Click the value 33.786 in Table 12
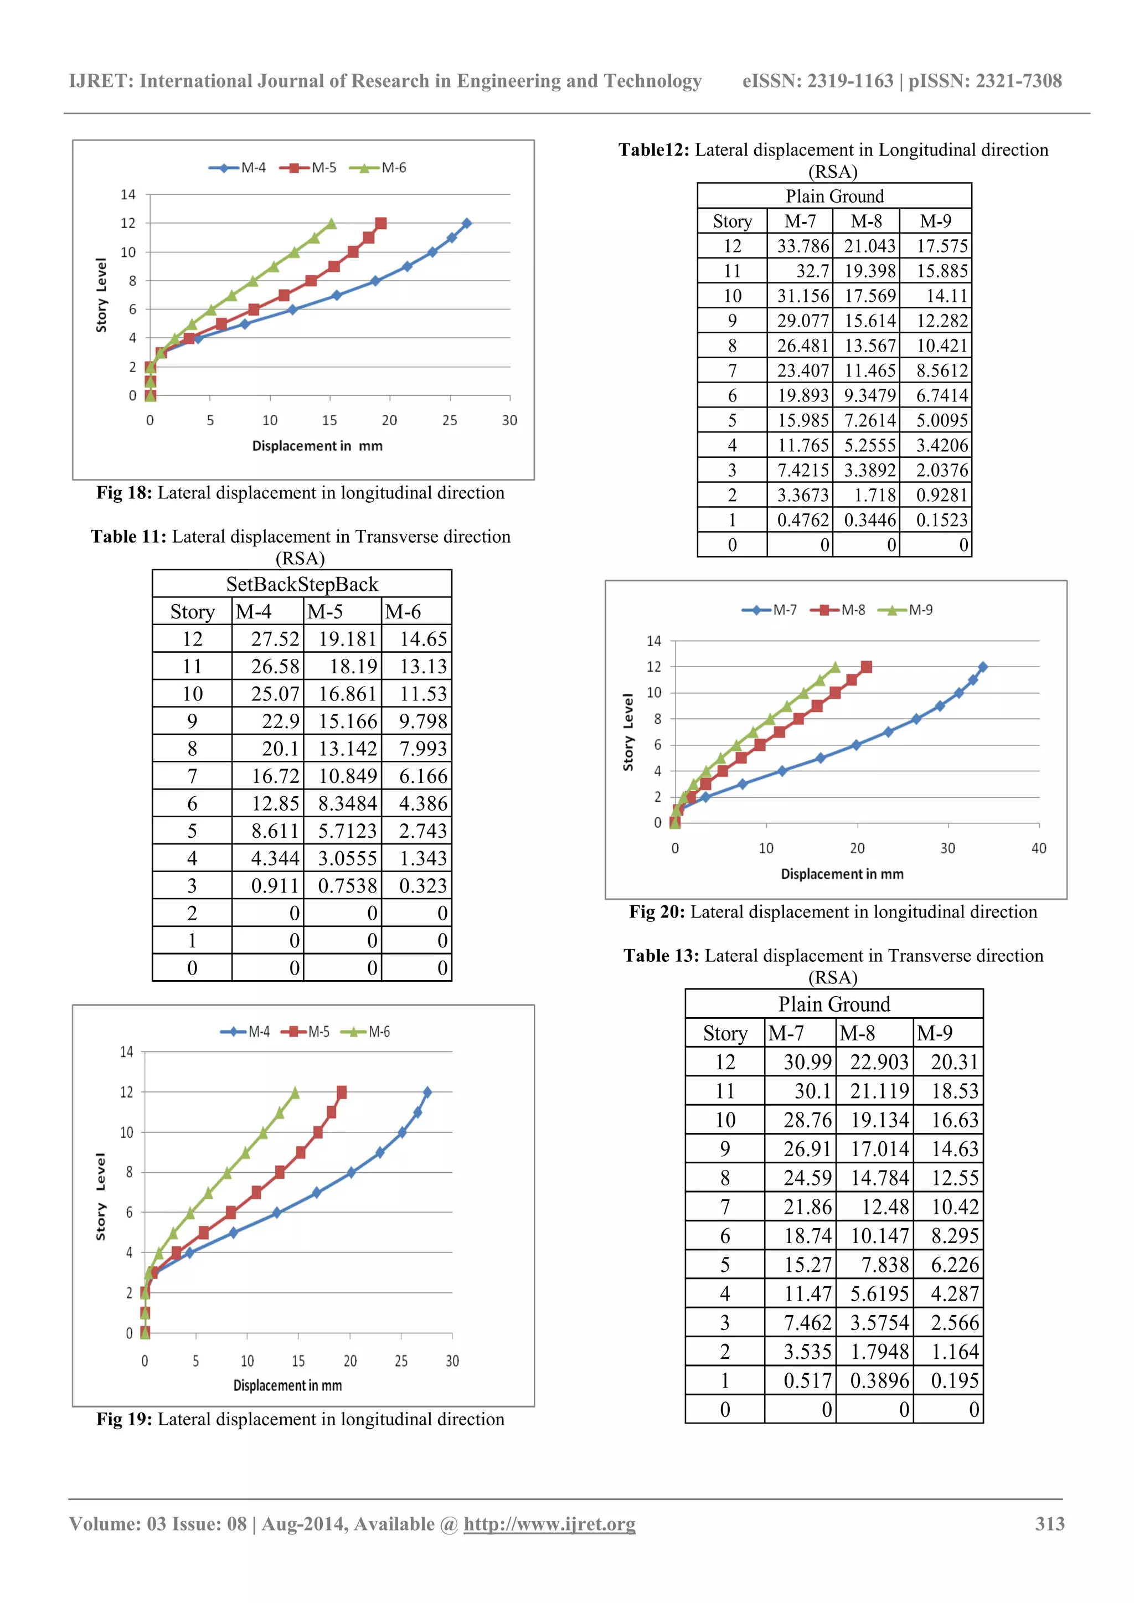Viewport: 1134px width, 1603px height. tap(802, 246)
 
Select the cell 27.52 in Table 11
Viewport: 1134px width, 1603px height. tap(275, 639)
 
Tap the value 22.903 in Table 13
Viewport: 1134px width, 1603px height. tap(878, 1062)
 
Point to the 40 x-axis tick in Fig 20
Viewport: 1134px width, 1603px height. tap(1038, 848)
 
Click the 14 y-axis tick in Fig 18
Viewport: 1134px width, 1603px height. tap(128, 195)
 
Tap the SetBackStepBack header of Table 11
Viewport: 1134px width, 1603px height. tap(302, 584)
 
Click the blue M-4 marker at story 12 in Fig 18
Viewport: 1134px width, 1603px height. tap(466, 223)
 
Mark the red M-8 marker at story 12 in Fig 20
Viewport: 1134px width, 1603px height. tap(867, 667)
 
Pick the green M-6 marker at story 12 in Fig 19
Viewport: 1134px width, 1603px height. tap(295, 1092)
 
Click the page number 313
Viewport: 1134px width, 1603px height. tap(1049, 1524)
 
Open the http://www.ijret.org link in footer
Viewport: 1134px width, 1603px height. tap(549, 1524)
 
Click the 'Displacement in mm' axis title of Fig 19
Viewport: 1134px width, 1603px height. tap(288, 1385)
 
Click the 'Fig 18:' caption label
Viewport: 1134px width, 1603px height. tap(123, 493)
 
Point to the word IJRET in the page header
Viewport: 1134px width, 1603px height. tap(101, 81)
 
